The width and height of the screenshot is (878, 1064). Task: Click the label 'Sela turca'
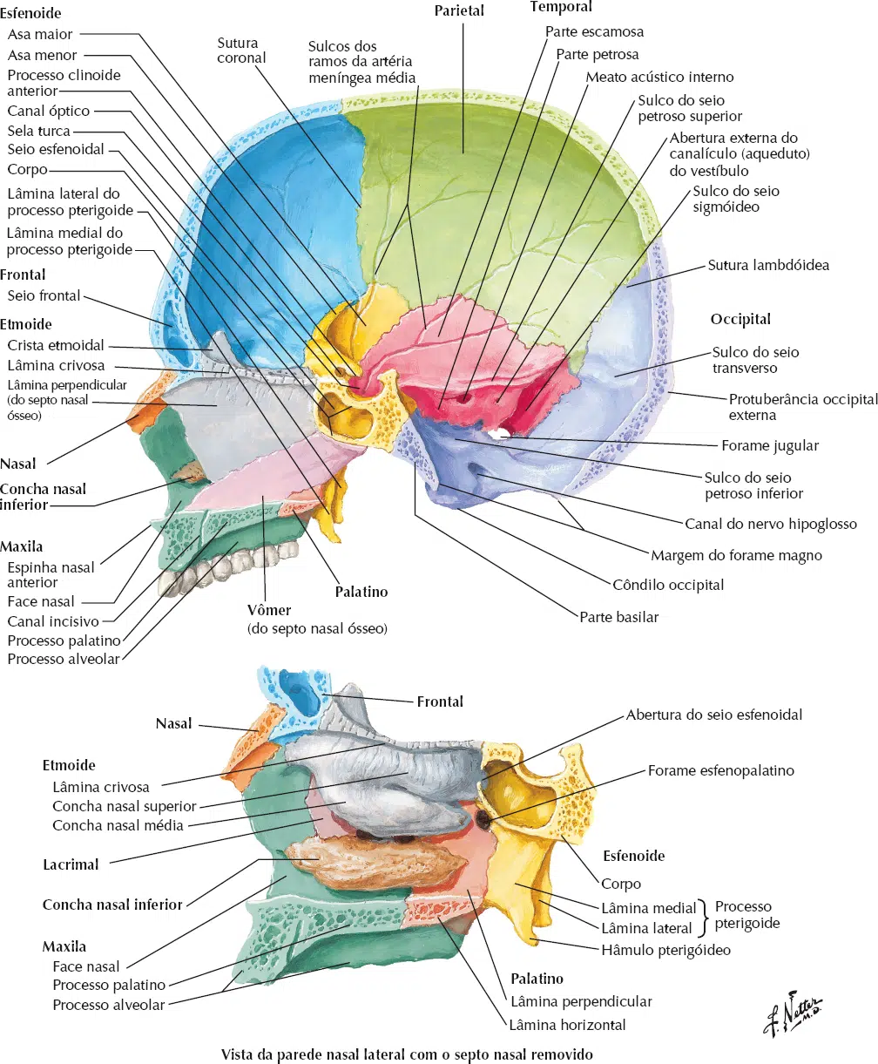(x=38, y=131)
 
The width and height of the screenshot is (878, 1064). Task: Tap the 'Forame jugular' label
(x=770, y=445)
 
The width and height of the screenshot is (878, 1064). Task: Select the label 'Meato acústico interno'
(x=659, y=77)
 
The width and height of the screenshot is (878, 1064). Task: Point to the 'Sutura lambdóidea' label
(x=768, y=265)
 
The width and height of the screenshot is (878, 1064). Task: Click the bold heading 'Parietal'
(x=459, y=10)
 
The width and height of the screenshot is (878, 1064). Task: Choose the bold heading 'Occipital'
(x=740, y=320)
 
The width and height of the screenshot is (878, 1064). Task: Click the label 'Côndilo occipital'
(x=668, y=585)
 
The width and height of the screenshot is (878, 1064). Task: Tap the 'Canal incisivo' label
(x=53, y=621)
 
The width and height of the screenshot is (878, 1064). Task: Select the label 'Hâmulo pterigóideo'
(x=665, y=950)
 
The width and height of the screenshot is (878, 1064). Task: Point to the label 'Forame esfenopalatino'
(x=720, y=770)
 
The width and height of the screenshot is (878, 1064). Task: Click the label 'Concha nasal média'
(x=118, y=825)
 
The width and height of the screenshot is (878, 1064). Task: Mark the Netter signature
(x=792, y=1015)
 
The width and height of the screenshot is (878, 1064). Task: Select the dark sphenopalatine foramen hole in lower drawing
(x=483, y=819)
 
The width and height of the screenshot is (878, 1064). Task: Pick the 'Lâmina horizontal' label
(x=567, y=1025)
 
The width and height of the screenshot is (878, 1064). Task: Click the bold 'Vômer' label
(x=269, y=610)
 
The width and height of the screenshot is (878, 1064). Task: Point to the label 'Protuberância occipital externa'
(x=803, y=407)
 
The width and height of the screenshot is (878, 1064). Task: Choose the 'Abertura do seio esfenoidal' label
(x=714, y=715)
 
